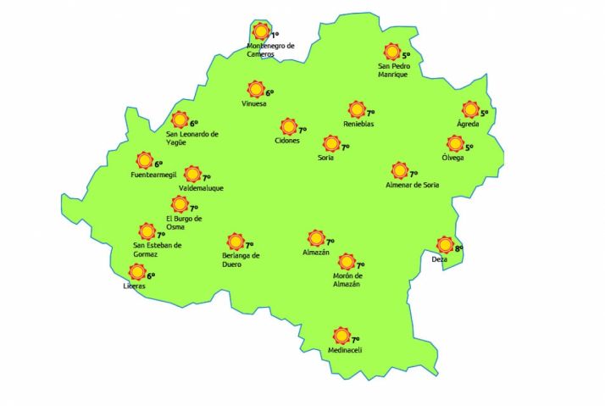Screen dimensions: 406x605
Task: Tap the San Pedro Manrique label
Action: pos(393,70)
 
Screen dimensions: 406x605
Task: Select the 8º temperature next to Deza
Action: pos(458,248)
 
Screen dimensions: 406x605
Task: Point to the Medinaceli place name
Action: pos(344,350)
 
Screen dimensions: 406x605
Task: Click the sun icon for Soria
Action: pos(330,144)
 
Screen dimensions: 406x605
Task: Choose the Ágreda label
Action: pos(468,125)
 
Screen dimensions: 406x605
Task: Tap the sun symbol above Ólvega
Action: pos(455,143)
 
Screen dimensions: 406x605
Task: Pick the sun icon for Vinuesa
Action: pos(255,89)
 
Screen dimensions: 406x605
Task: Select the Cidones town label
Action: pos(287,141)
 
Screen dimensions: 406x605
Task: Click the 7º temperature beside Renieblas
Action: pos(370,112)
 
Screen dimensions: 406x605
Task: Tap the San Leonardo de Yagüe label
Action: pos(192,138)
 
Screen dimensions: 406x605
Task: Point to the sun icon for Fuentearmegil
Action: pos(144,160)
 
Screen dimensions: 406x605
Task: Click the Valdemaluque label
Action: pos(201,188)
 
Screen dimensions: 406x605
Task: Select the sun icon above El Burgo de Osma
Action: pos(179,204)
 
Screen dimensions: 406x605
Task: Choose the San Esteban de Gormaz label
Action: pos(158,250)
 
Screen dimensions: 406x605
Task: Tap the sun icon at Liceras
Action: pos(136,272)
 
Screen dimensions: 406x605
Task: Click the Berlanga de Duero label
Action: pos(236,259)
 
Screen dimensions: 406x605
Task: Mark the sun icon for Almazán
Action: pos(316,238)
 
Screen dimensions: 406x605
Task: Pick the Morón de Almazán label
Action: pos(347,280)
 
